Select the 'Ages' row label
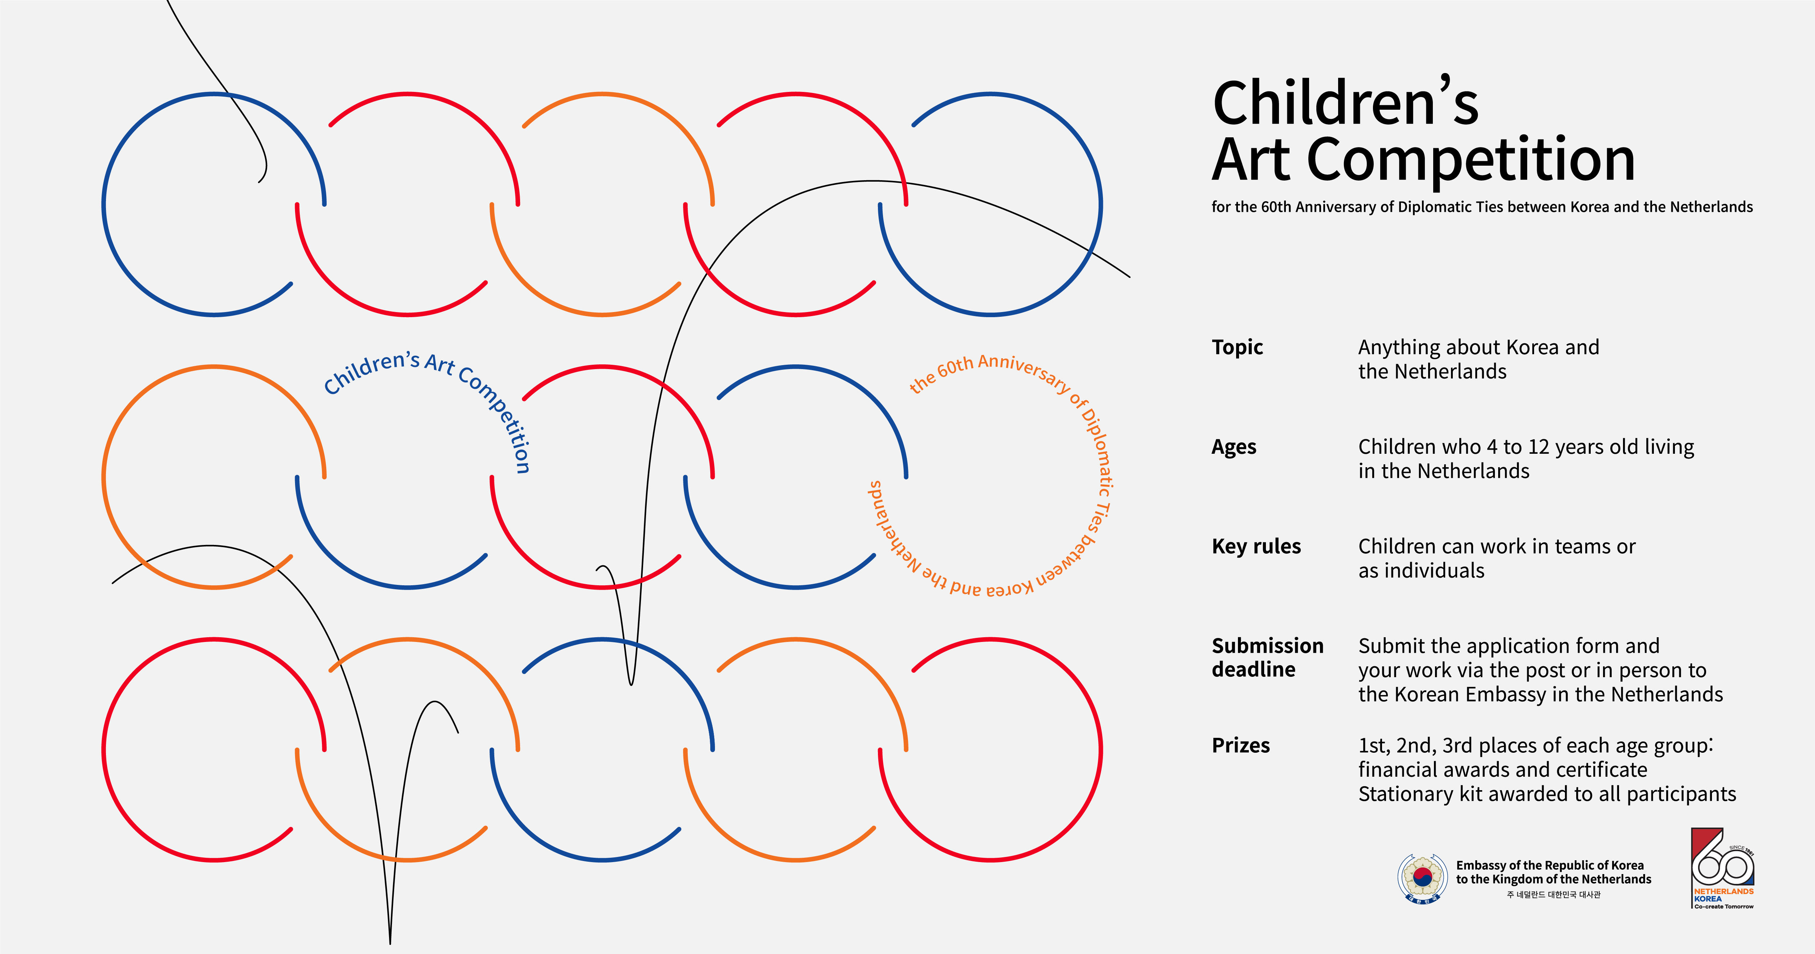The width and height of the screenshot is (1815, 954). coord(1234,447)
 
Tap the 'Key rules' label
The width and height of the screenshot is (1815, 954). coord(1256,546)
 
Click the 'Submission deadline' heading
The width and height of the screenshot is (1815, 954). coord(1267,657)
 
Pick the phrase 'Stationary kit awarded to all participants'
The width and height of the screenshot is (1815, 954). coord(1546,794)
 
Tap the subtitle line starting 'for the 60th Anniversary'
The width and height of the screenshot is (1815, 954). coord(1482,207)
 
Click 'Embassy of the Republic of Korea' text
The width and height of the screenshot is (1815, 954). coord(1549,865)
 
